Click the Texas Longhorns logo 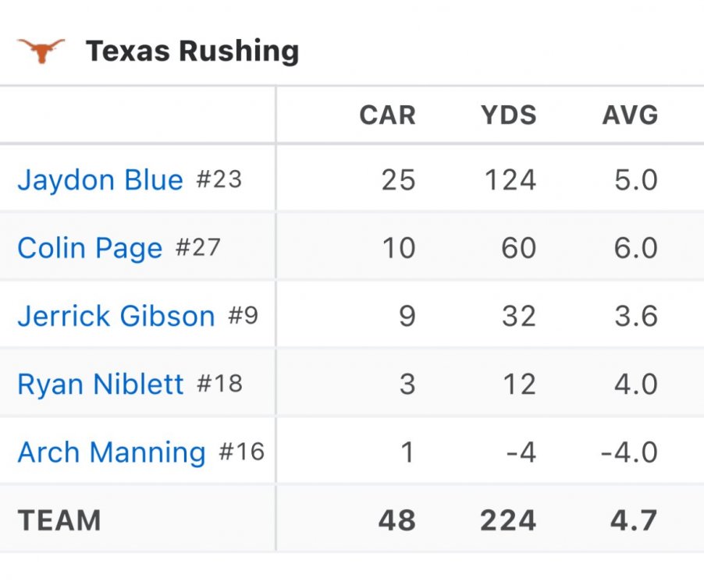pyautogui.click(x=41, y=51)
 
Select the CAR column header pyautogui.click(x=387, y=115)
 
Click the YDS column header pyautogui.click(x=508, y=115)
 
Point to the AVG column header pyautogui.click(x=630, y=115)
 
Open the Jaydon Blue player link pyautogui.click(x=100, y=180)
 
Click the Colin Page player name pyautogui.click(x=90, y=248)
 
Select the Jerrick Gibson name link pyautogui.click(x=116, y=316)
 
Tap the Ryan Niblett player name pyautogui.click(x=100, y=384)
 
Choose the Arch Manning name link pyautogui.click(x=112, y=452)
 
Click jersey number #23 pyautogui.click(x=219, y=180)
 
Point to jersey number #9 pyautogui.click(x=243, y=316)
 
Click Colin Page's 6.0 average pyautogui.click(x=635, y=248)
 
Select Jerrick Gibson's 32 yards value pyautogui.click(x=518, y=316)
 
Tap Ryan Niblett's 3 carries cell pyautogui.click(x=406, y=384)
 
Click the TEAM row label pyautogui.click(x=59, y=519)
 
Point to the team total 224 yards pyautogui.click(x=508, y=519)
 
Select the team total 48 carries pyautogui.click(x=396, y=519)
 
